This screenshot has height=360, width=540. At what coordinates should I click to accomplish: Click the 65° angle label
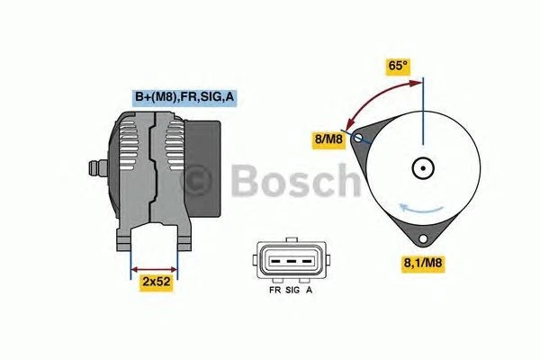397,66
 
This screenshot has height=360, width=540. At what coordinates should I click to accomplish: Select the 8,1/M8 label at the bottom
420,263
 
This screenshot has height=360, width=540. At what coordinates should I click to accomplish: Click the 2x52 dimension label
156,283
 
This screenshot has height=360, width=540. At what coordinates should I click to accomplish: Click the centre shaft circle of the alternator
422,167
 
